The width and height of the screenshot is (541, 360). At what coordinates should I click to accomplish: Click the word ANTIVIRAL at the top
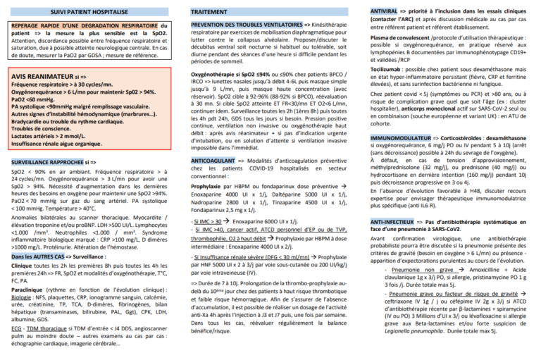[387, 11]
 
